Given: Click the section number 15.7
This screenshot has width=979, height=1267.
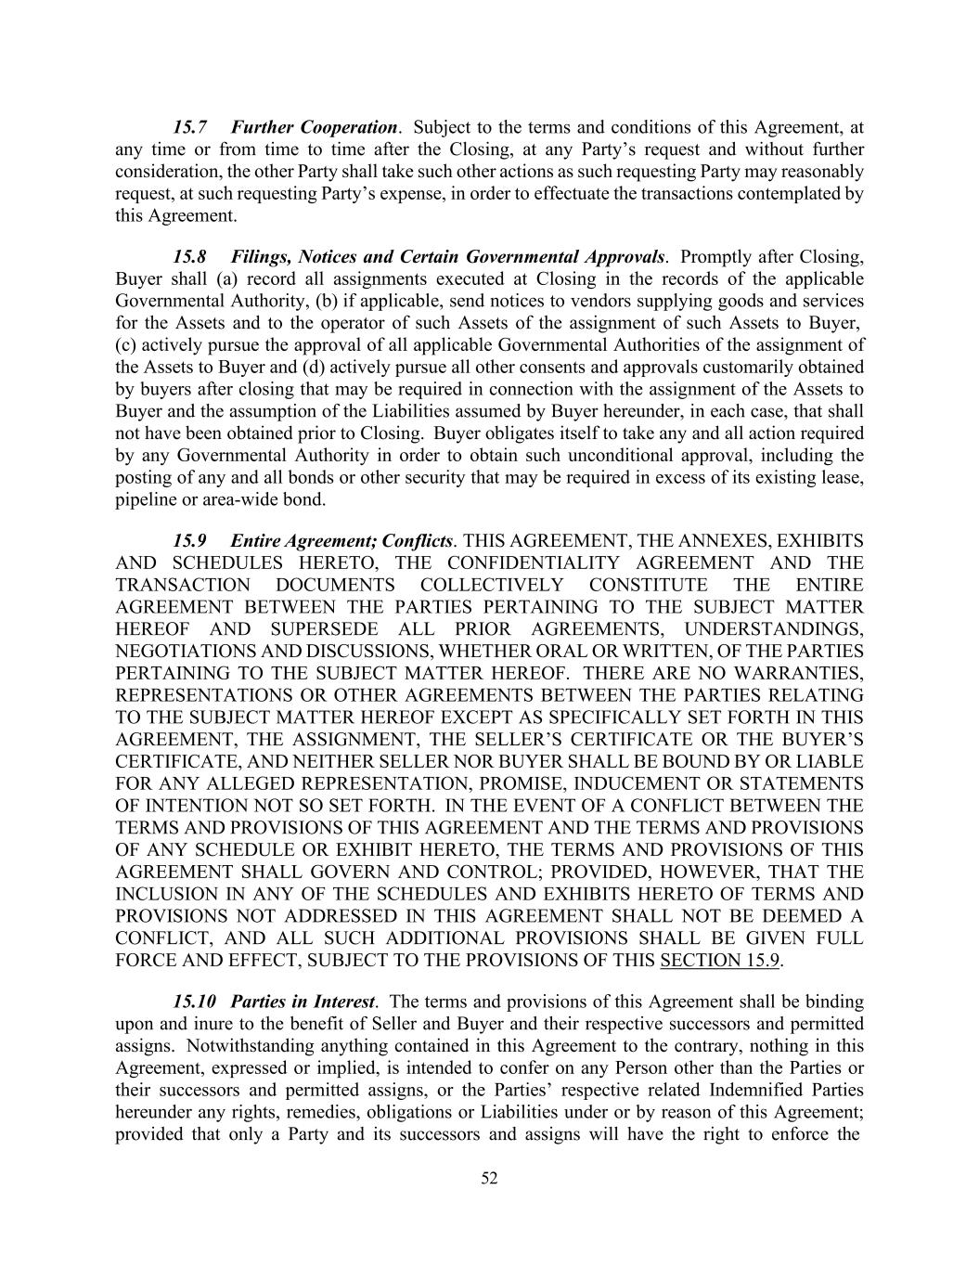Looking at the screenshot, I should point(189,127).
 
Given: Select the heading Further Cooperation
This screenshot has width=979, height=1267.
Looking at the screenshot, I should point(314,127).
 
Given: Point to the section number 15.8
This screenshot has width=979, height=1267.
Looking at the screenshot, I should point(189,256).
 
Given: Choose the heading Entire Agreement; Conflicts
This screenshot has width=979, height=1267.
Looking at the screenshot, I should point(341,540).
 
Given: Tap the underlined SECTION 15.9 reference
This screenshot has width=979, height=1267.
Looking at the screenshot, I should point(719,961).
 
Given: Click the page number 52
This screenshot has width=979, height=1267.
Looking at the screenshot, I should point(490,1179).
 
